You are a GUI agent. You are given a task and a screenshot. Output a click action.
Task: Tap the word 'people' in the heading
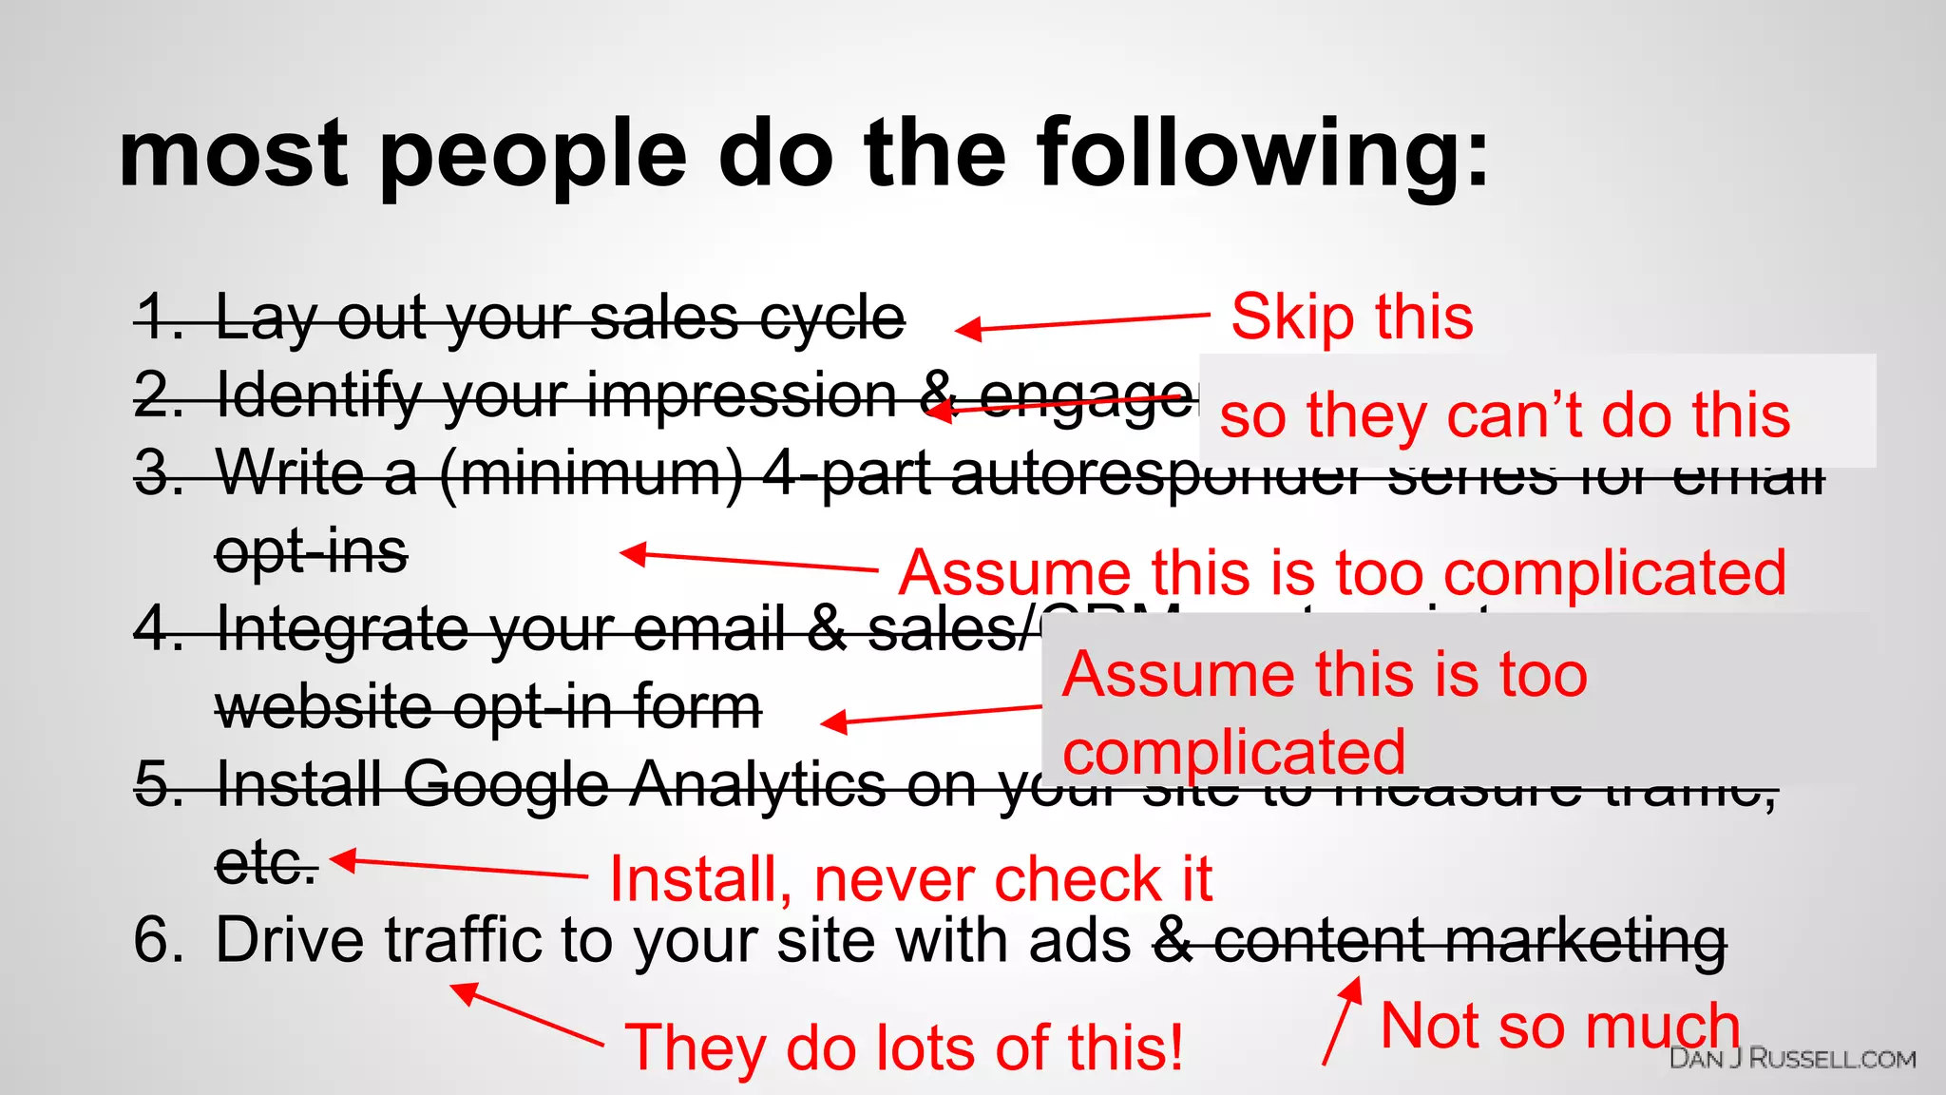[533, 154]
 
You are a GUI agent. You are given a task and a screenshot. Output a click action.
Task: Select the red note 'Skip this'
[1351, 317]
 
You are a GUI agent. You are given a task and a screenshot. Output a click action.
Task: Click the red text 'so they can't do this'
[1504, 415]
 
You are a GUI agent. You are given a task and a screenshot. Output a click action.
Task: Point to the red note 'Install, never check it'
[910, 879]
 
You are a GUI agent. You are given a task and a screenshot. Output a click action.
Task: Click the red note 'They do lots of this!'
[904, 1047]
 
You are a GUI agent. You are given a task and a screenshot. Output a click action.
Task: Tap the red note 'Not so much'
[1559, 1027]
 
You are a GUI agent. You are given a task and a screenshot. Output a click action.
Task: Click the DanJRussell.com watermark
[1792, 1059]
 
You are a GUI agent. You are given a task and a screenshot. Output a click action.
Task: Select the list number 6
[158, 941]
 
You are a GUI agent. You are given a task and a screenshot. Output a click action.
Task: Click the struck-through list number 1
[158, 317]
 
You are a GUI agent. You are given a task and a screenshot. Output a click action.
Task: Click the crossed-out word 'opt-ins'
[312, 552]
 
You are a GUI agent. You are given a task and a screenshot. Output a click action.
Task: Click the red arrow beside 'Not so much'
[1342, 1021]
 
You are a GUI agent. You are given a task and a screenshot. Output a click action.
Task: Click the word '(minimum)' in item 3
[591, 473]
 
